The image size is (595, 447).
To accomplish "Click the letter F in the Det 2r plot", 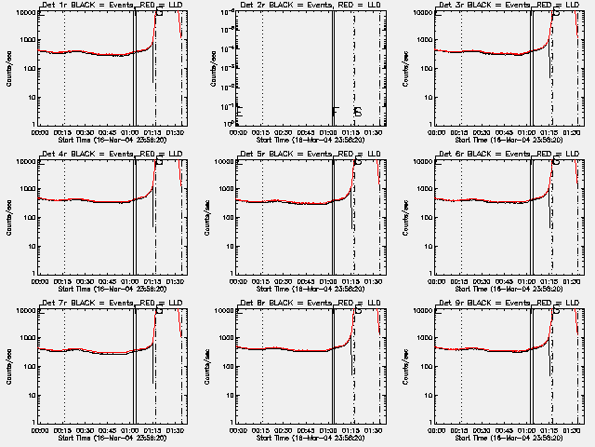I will point(336,112).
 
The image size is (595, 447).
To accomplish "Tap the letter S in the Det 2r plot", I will point(357,112).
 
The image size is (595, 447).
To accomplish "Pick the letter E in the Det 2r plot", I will point(240,112).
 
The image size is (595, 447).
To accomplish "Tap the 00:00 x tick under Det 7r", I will point(41,430).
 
